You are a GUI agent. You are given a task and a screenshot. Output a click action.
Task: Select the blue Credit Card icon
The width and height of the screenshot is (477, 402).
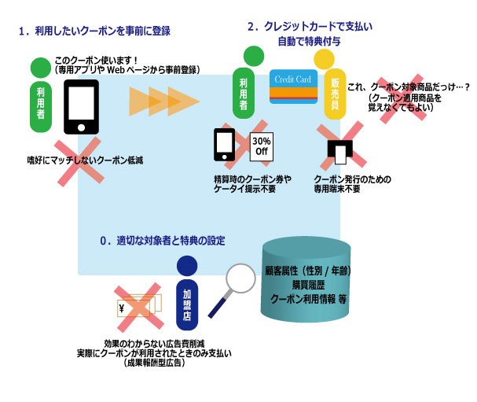point(293,89)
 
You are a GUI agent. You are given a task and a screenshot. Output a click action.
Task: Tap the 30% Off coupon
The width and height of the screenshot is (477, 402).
point(261,146)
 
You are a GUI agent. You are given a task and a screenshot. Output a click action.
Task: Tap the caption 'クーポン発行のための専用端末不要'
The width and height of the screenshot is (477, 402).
point(351,184)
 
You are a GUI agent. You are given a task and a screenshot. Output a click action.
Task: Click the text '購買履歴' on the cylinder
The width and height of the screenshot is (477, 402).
point(308,285)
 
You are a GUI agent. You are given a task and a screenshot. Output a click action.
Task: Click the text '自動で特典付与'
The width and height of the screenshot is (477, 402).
point(309,40)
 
